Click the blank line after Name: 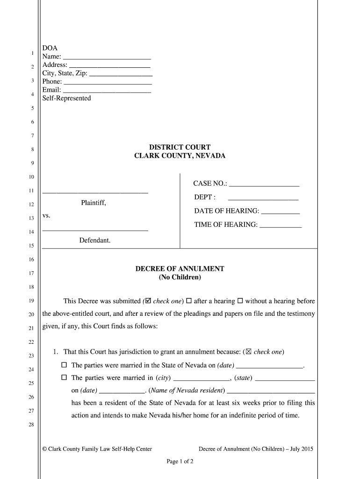107,58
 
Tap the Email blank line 107,91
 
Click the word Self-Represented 66,98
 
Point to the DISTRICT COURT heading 180,147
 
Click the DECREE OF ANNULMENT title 180,269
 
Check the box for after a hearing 189,301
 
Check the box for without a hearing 240,301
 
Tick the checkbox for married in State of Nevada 65,365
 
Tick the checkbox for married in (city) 65,377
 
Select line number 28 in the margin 32,424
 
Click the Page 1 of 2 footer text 180,461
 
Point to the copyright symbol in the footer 44,449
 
